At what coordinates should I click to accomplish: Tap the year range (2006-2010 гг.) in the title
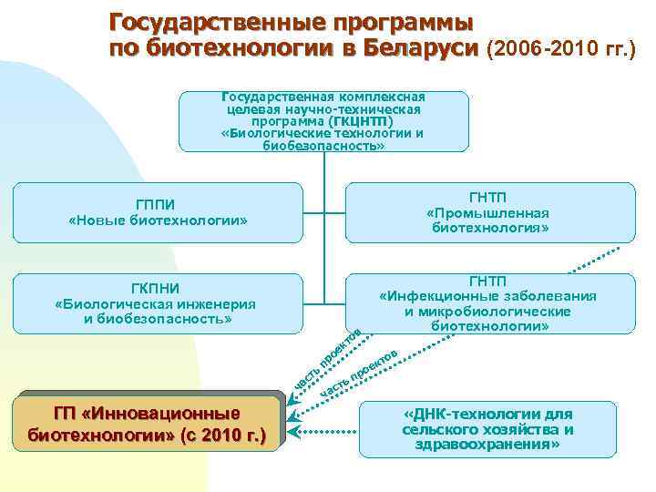pos(563,47)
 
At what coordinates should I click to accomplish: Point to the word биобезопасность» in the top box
pos(323,145)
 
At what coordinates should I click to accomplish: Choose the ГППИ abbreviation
pos(158,204)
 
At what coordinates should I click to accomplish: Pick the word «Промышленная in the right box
pos(490,212)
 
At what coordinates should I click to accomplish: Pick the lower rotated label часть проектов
pos(359,373)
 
